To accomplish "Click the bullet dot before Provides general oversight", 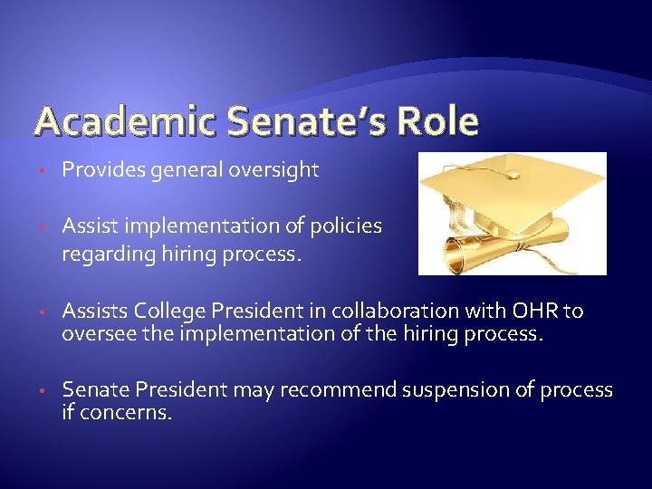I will coord(43,171).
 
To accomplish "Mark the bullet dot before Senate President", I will coord(43,391).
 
